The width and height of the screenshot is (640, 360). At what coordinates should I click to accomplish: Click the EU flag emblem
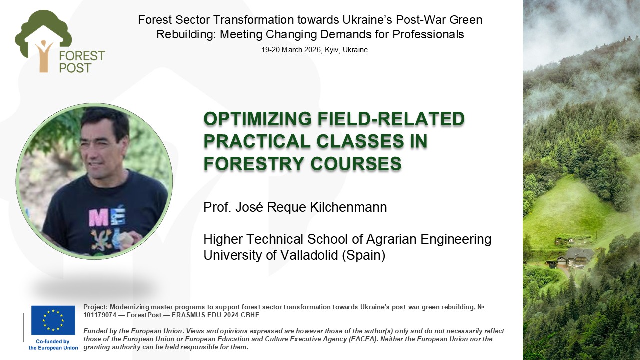53,320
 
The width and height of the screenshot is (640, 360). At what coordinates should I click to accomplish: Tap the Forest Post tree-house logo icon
43,41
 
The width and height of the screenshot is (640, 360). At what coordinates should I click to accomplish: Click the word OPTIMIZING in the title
257,119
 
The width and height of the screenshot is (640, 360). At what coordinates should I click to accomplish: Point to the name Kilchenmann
348,207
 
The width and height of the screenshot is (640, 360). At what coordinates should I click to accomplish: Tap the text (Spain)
363,255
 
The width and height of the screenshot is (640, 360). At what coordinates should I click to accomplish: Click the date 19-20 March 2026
292,50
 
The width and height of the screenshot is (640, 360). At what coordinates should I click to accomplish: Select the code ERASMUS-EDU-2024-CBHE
215,315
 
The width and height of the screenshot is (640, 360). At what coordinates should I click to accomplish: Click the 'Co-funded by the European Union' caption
53,345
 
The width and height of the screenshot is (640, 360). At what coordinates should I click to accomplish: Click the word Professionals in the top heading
428,34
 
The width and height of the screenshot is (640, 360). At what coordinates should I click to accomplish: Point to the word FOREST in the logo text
82,56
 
